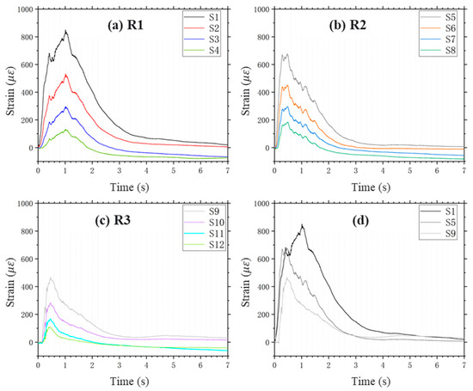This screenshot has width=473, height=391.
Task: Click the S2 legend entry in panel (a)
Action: click(212, 27)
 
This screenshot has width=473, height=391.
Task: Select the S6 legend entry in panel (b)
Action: click(448, 27)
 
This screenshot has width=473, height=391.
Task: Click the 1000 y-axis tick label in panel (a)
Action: click(23, 9)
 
